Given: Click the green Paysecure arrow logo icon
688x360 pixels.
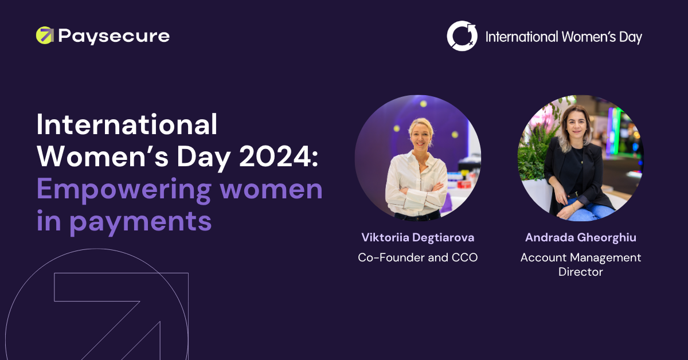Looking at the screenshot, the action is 45,36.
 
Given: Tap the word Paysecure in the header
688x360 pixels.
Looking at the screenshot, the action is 114,37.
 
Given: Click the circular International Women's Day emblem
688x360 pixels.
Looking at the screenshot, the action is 462,36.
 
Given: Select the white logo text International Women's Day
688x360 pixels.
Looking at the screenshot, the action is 564,37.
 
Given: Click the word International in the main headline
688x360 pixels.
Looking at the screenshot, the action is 127,124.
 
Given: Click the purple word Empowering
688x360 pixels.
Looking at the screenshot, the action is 124,190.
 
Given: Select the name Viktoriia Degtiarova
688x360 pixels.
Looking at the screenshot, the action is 418,238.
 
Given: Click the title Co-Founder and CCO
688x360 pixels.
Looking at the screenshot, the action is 418,257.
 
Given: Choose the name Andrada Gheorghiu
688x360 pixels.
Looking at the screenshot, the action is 580,238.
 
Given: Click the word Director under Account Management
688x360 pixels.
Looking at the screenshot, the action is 580,272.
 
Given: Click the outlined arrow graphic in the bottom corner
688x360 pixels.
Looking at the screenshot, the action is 122,316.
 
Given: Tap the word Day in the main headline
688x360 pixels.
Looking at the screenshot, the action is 204,158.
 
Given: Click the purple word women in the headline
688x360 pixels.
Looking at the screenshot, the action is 271,190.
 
